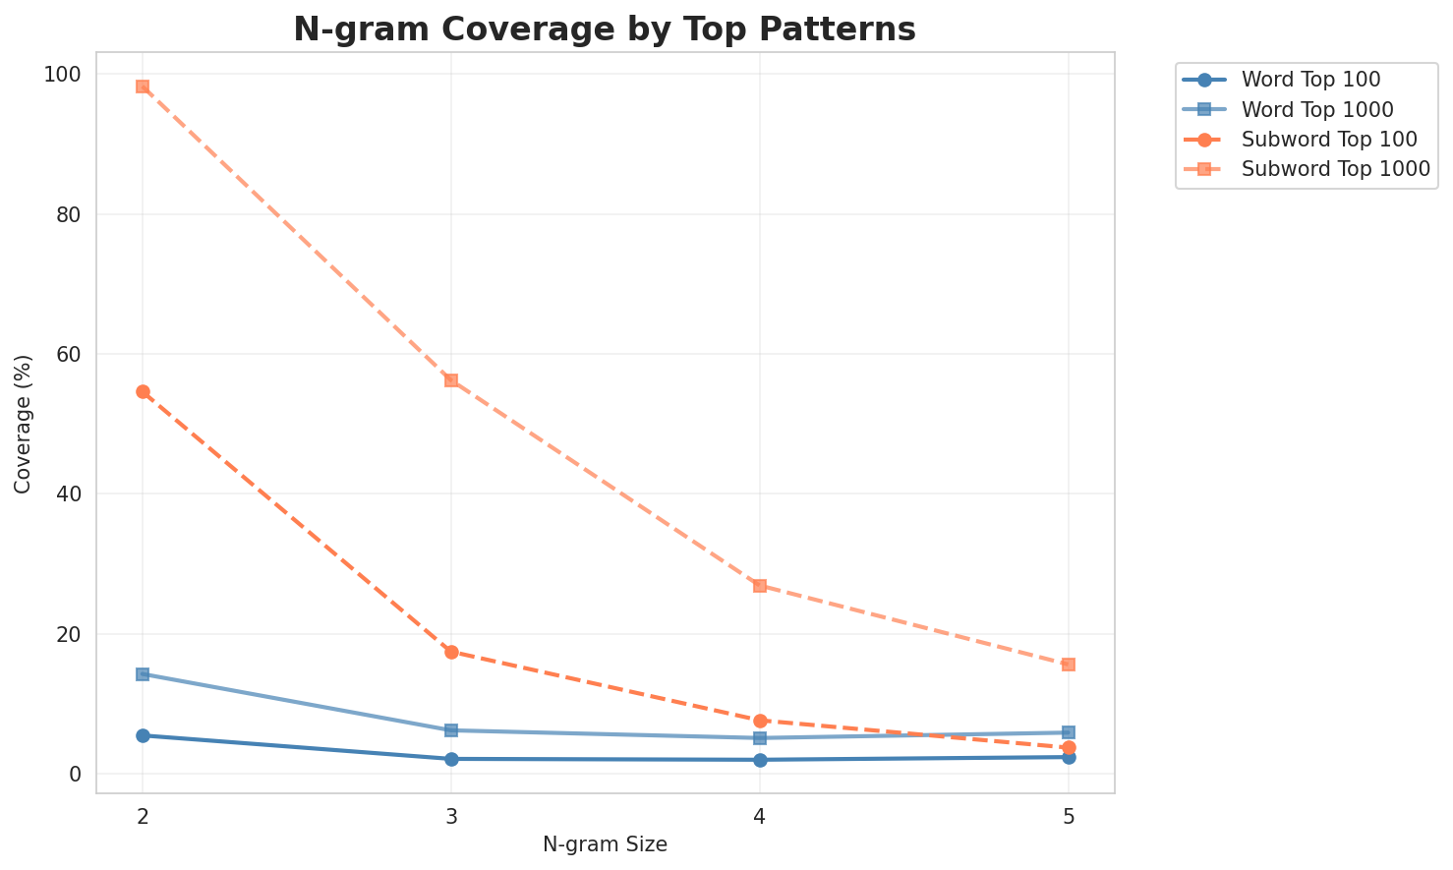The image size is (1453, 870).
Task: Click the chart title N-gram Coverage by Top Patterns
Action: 605,29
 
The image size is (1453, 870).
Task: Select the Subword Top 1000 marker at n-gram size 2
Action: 143,87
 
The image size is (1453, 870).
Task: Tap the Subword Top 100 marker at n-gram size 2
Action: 143,391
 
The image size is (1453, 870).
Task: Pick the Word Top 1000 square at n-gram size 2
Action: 143,674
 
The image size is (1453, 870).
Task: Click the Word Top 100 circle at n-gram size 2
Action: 143,735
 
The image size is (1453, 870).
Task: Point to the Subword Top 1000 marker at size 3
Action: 451,380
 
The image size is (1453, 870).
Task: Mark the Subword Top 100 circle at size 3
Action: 451,652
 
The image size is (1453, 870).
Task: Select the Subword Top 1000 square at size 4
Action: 760,586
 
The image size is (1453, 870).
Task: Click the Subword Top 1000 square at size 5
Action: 1069,665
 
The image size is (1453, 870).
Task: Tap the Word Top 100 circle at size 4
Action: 760,760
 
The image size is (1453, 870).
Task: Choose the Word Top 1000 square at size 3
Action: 451,730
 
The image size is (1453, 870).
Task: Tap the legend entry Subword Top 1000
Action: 1335,168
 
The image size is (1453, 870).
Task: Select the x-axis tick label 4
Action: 760,817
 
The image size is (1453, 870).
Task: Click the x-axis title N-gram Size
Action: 605,844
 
